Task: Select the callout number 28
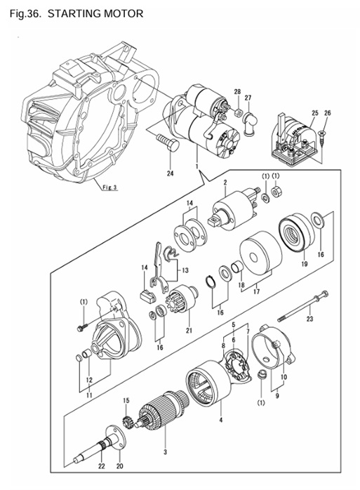click(x=237, y=93)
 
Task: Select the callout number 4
click(x=220, y=421)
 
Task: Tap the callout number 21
click(x=189, y=331)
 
